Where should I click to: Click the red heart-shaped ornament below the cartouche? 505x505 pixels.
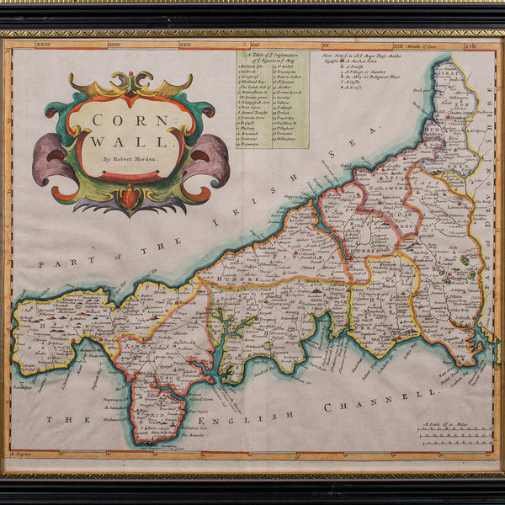(x=129, y=198)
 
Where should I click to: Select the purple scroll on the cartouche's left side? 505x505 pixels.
(x=52, y=158)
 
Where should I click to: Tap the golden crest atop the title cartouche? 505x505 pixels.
(x=130, y=85)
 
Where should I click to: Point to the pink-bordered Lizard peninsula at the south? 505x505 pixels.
(x=160, y=412)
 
